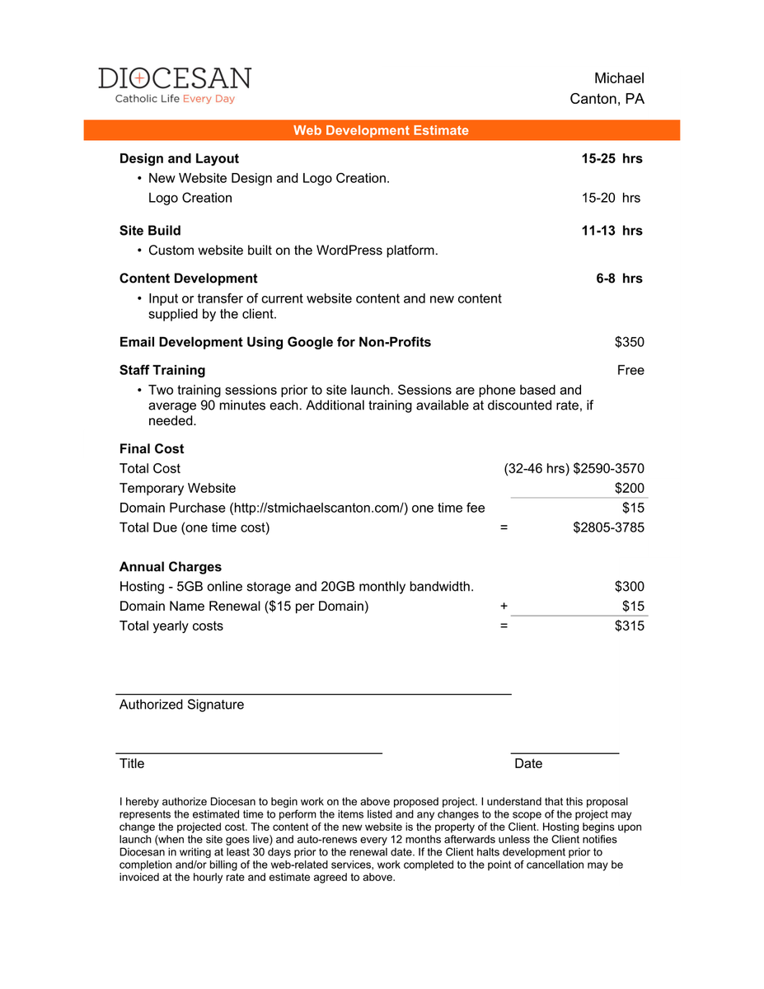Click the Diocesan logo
click(x=175, y=86)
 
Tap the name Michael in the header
click(x=619, y=78)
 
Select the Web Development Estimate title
click(x=381, y=130)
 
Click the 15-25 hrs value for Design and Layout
click(x=612, y=158)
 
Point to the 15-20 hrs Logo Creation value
click(x=611, y=198)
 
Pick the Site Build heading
click(x=150, y=231)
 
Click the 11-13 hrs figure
click(x=612, y=231)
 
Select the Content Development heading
click(x=188, y=279)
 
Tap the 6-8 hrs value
click(x=619, y=279)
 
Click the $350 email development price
click(x=630, y=342)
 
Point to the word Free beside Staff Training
click(x=630, y=370)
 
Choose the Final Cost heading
click(x=152, y=449)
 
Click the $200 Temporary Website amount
click(x=630, y=488)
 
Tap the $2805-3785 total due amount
click(x=608, y=527)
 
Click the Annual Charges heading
click(x=171, y=567)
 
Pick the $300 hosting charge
click(x=630, y=587)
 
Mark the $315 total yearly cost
click(x=630, y=626)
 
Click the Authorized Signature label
click(x=181, y=705)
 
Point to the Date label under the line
click(x=528, y=764)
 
